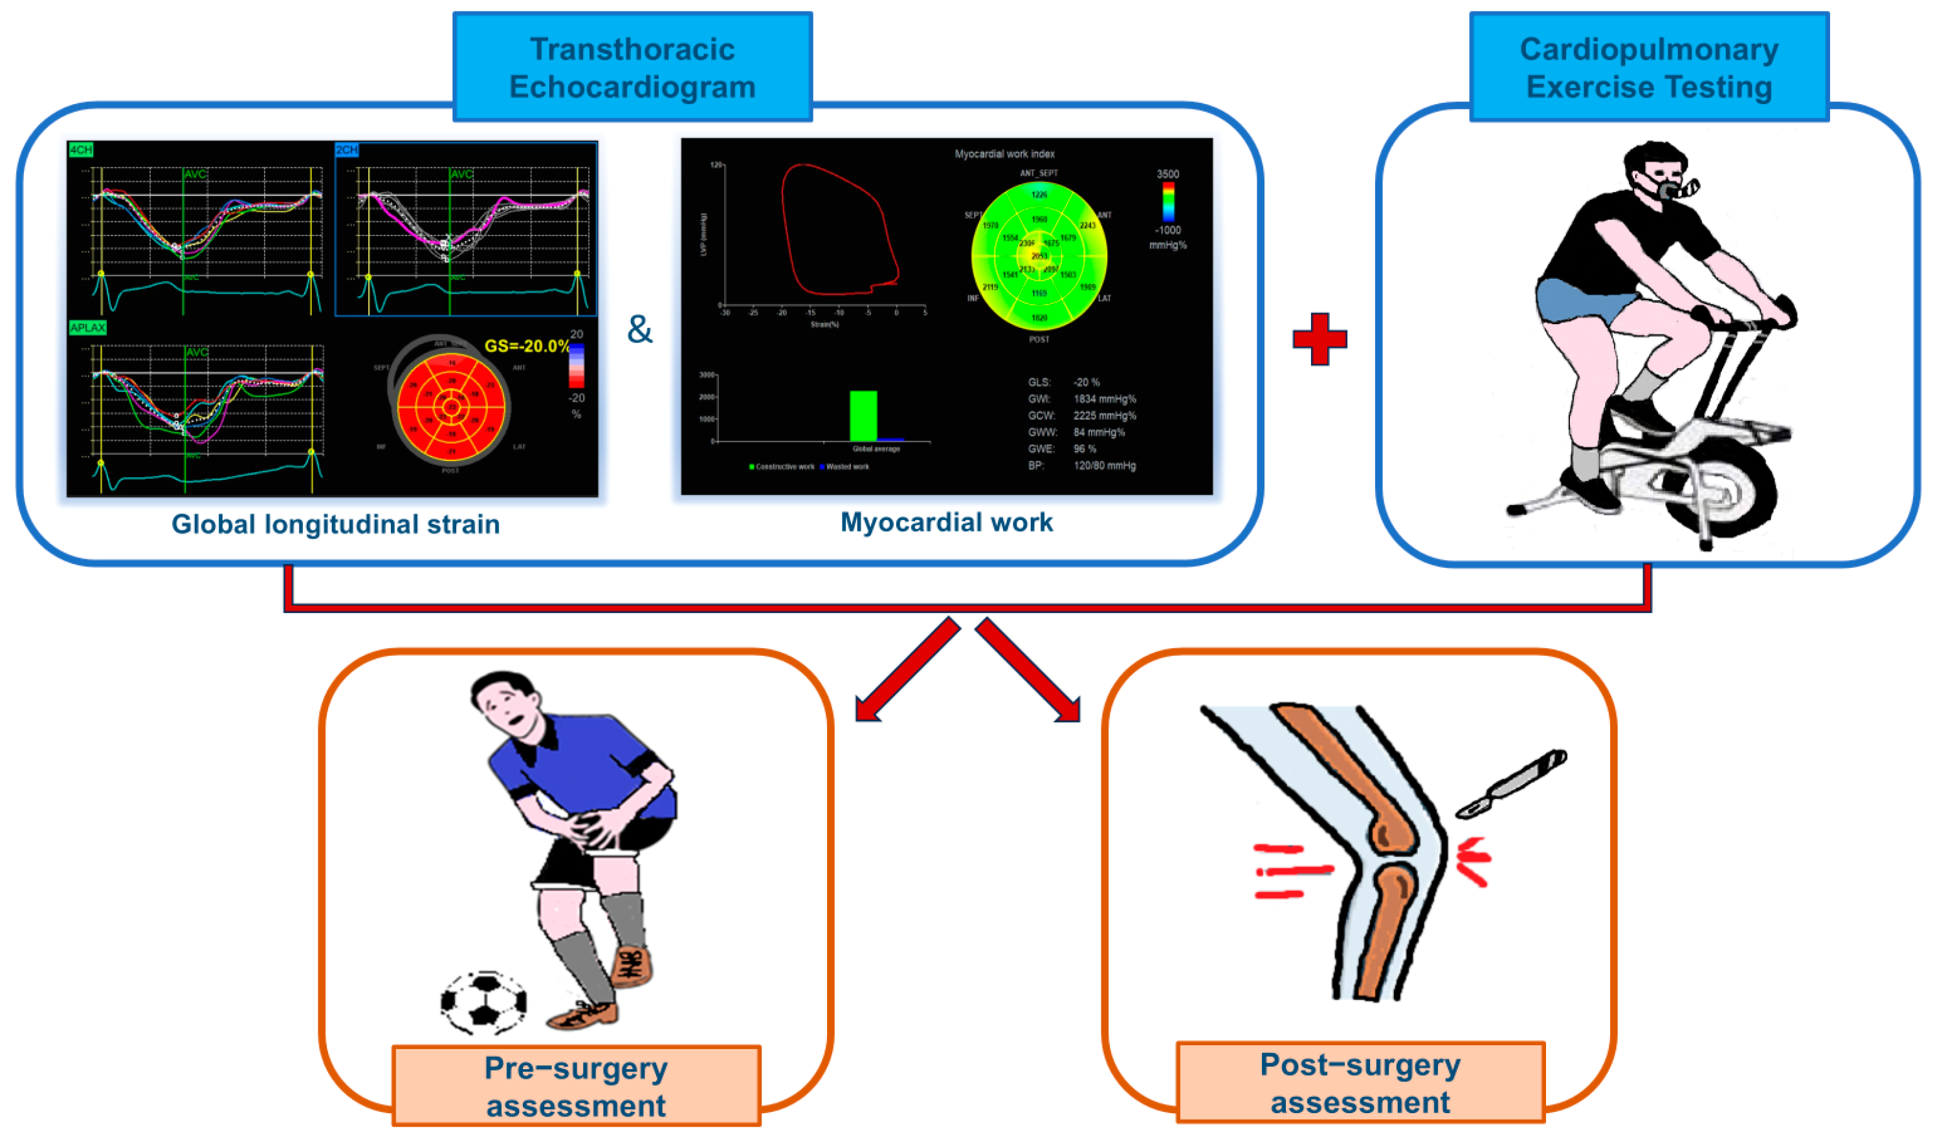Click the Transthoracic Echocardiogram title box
coord(632,67)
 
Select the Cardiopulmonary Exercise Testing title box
coord(1648,67)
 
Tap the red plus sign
coord(1319,338)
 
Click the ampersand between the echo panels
coord(639,329)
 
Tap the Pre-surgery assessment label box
coord(576,1085)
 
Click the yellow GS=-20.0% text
coord(527,346)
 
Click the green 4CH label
coord(81,149)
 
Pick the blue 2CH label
coord(347,149)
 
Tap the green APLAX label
coord(87,328)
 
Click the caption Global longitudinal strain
coord(335,524)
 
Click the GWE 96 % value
coord(1084,449)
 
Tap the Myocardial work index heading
coord(1004,155)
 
